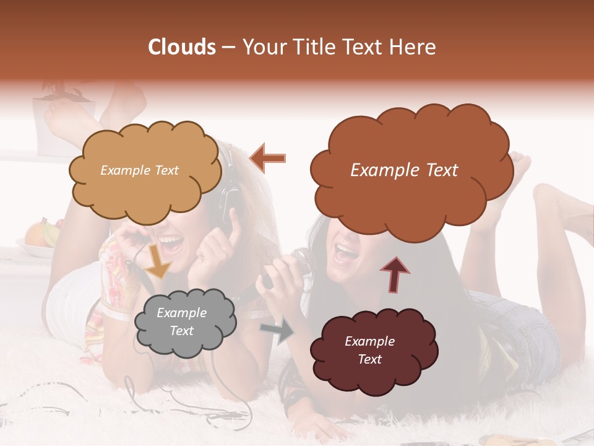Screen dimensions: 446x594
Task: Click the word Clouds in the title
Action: (x=182, y=47)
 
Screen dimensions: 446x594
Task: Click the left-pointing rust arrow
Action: (x=267, y=157)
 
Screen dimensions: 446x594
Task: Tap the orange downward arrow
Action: (x=158, y=260)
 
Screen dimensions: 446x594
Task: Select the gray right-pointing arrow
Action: (x=277, y=331)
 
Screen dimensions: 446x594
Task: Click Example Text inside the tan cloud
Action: (x=139, y=170)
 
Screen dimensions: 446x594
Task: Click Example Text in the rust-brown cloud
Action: (x=404, y=170)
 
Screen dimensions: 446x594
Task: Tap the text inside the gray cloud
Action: (x=182, y=322)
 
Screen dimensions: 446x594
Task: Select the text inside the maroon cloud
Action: (x=370, y=350)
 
